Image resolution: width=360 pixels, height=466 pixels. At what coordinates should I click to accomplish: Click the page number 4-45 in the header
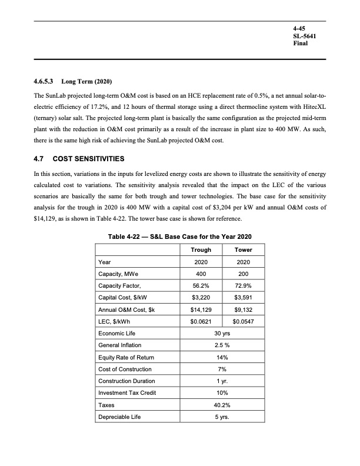299,28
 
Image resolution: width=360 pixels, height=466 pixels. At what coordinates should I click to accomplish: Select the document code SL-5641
304,36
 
